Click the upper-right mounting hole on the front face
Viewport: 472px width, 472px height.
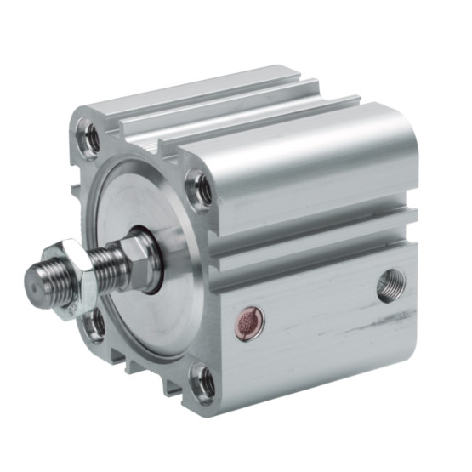202,189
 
